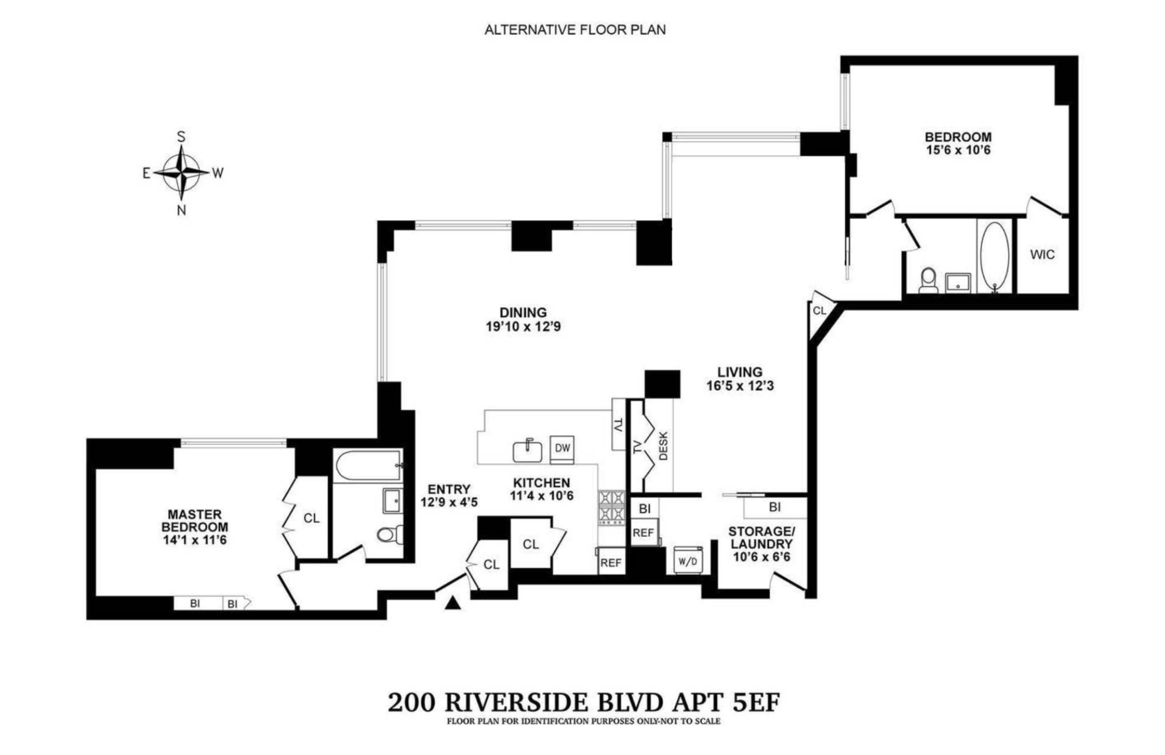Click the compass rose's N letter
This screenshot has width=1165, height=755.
tap(181, 210)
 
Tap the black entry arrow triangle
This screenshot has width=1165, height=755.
tap(453, 603)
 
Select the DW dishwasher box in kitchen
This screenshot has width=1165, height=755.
tap(562, 448)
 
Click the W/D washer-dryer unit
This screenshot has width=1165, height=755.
tap(688, 561)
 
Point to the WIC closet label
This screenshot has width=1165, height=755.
tap(1041, 255)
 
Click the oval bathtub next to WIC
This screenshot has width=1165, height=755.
tap(995, 256)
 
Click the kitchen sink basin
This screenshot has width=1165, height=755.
tap(527, 451)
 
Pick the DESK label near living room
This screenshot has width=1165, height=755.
tap(663, 446)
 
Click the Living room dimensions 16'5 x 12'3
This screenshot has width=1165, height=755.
tap(740, 386)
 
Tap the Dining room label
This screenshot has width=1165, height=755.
tap(523, 312)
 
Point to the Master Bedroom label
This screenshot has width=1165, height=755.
tap(195, 521)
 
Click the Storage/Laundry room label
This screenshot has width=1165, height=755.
tap(761, 538)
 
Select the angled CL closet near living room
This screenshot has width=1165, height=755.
tap(820, 311)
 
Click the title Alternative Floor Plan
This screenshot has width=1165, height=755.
tap(575, 30)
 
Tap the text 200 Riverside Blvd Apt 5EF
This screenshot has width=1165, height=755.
tap(584, 703)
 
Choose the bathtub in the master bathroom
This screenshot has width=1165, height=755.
tap(368, 465)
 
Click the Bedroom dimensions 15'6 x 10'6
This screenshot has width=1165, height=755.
tap(958, 150)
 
